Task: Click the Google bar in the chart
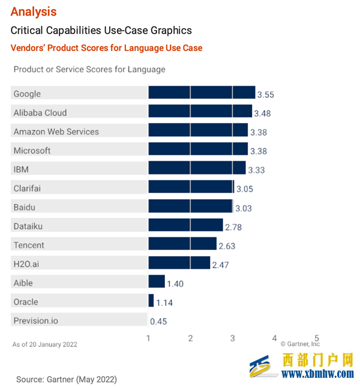(x=202, y=92)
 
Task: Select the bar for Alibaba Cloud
(x=200, y=112)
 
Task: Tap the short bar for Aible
(x=157, y=281)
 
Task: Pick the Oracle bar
(x=151, y=300)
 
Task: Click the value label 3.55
(x=265, y=95)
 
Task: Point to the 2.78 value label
(x=233, y=227)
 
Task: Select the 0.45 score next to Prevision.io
(x=158, y=321)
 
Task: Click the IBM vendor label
(x=21, y=170)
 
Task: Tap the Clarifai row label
(x=28, y=188)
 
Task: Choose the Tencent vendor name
(x=29, y=245)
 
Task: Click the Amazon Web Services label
(x=56, y=131)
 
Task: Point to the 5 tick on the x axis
(x=316, y=338)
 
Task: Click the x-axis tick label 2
(x=190, y=338)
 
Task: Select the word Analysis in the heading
(x=34, y=11)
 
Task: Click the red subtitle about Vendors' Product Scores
(x=106, y=48)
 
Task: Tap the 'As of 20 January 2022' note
(x=45, y=344)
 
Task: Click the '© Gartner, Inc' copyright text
(x=300, y=344)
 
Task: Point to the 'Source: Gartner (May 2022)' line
(x=66, y=379)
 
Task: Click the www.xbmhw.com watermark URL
(x=318, y=374)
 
